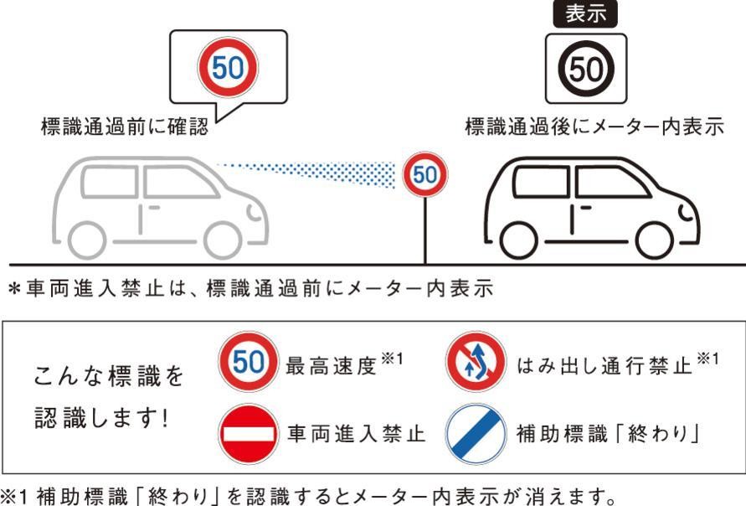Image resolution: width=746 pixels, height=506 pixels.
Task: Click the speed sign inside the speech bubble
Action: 228,67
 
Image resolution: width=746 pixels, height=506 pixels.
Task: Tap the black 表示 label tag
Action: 585,13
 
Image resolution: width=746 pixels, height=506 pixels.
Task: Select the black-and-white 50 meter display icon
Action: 586,69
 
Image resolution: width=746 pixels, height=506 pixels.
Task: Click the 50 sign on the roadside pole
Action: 424,174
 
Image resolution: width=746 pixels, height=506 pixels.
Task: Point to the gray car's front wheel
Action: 224,240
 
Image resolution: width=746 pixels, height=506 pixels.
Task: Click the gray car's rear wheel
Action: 87,240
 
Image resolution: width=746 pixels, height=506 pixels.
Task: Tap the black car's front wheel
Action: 654,240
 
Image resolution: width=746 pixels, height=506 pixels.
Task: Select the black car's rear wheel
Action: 519,240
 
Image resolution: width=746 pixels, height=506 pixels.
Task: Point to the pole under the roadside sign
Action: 425,230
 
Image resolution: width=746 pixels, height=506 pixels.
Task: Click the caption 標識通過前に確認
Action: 125,126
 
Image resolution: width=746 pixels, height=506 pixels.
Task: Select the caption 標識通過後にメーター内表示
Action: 594,126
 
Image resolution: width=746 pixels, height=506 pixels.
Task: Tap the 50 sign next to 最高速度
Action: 248,362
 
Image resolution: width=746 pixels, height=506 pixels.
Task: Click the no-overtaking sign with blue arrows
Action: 476,362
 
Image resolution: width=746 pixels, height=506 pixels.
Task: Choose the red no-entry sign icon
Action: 248,434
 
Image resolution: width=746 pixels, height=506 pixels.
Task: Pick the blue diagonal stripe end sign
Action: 476,434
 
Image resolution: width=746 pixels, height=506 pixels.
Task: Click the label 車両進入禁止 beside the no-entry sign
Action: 356,434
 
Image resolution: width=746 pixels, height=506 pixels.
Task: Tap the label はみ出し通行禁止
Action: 605,365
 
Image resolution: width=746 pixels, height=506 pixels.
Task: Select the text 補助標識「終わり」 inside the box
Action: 608,434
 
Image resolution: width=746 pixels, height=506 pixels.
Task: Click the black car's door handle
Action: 585,208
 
